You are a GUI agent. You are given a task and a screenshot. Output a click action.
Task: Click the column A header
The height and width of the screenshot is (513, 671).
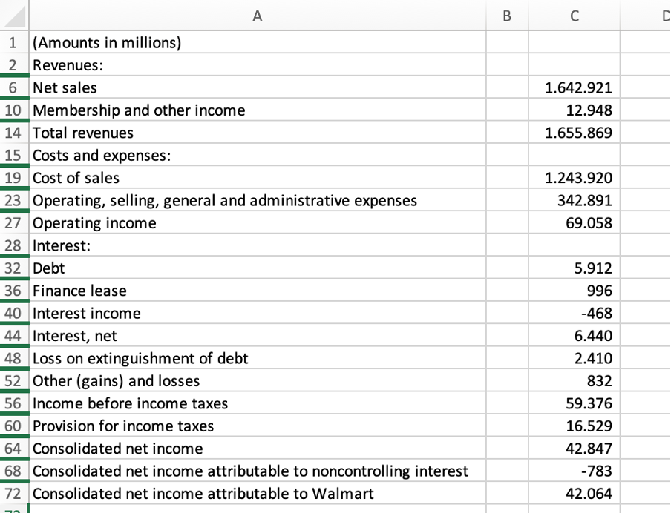click(257, 15)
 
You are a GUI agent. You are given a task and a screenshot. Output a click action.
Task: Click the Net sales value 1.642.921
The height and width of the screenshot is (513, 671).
click(578, 88)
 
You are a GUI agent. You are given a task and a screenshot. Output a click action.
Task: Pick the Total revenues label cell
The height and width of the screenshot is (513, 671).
click(83, 133)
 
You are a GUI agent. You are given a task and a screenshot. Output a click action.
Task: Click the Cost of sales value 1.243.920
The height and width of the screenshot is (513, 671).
click(578, 179)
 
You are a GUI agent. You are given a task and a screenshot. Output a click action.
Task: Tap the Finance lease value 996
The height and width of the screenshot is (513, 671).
click(598, 291)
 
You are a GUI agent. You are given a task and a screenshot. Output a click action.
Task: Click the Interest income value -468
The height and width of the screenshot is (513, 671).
click(596, 314)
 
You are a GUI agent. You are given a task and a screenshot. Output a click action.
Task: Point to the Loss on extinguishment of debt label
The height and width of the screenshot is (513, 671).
click(141, 359)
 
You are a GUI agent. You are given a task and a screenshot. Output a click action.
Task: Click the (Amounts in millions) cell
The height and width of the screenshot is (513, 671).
click(107, 43)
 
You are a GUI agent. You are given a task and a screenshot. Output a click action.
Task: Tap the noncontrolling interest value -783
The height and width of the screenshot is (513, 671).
click(596, 471)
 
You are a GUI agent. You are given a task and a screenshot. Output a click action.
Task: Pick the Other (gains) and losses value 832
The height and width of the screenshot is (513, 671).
click(598, 381)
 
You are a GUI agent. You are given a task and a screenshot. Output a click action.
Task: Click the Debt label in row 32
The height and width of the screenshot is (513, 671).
click(49, 268)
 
